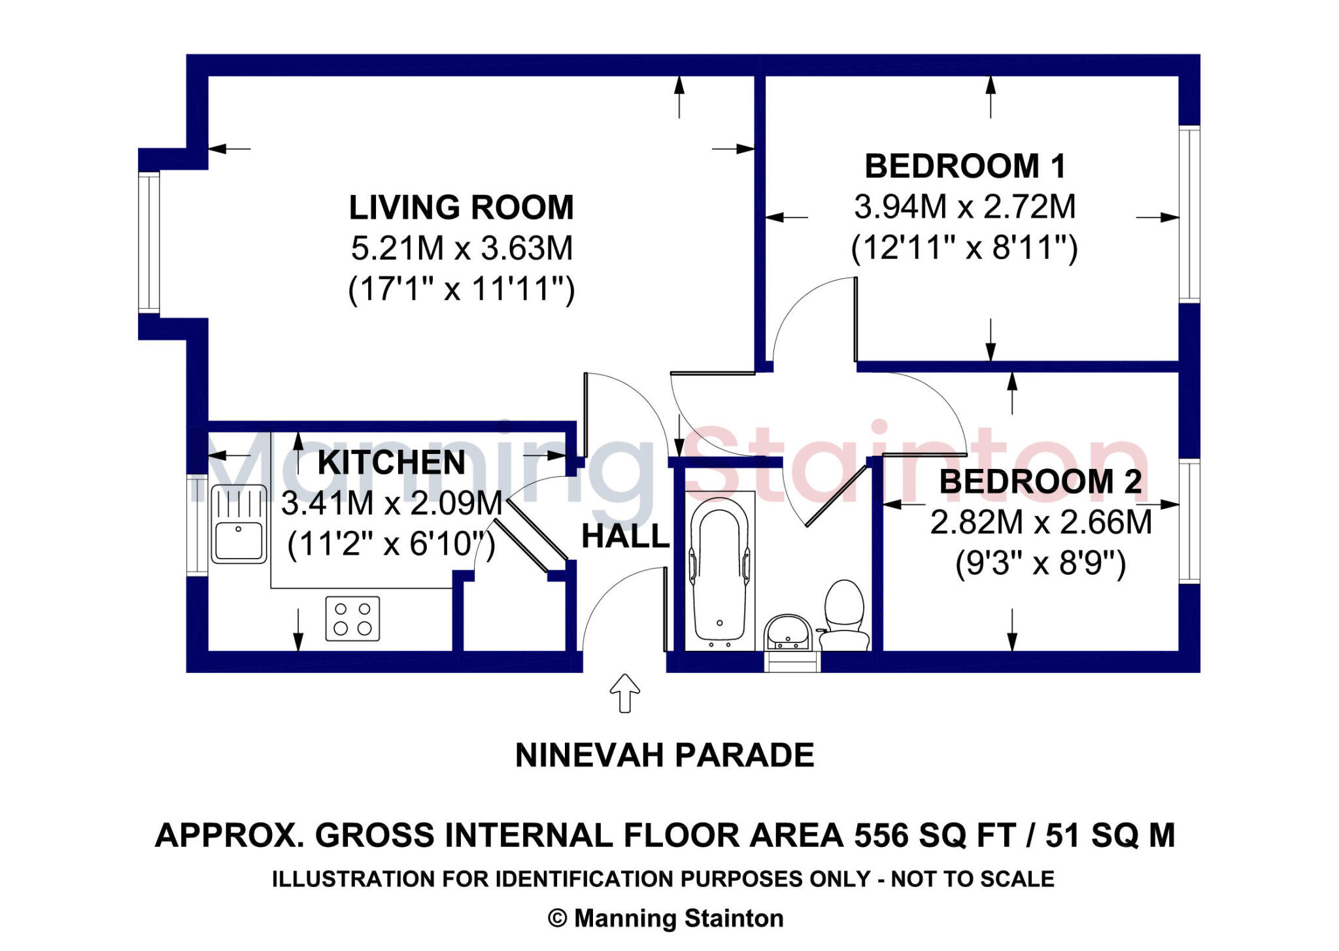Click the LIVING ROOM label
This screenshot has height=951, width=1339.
(461, 207)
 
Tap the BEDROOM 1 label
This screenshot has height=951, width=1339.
(965, 166)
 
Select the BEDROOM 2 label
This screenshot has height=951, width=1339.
(1040, 482)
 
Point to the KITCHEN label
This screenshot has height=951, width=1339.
(392, 462)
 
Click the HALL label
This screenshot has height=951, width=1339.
(626, 537)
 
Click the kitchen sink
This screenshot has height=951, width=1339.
(239, 524)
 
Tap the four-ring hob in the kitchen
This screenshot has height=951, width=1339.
(352, 618)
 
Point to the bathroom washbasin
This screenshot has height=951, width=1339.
(788, 632)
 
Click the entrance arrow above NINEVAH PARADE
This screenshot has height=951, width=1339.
(624, 693)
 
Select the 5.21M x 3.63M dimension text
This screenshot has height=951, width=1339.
(462, 249)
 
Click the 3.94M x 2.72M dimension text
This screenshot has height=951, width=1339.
(965, 207)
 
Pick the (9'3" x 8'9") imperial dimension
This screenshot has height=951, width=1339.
(1041, 563)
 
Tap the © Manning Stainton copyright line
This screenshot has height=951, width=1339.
(666, 919)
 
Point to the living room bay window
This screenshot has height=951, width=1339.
(149, 243)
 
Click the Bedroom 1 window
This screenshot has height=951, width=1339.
(1189, 214)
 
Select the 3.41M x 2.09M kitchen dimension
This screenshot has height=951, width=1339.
(392, 504)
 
